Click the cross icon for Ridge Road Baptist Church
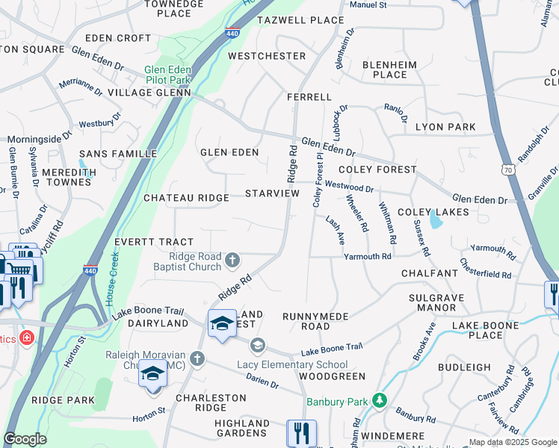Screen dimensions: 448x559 pyautogui.click(x=232, y=260)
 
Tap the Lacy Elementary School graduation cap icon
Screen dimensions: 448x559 pyautogui.click(x=258, y=345)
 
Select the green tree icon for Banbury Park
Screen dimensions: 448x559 pyautogui.click(x=380, y=402)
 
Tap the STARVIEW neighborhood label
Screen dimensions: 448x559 pyautogui.click(x=272, y=193)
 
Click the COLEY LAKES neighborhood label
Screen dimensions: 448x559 pyautogui.click(x=433, y=212)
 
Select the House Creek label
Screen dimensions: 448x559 pyautogui.click(x=116, y=276)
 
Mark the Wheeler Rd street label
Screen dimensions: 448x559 pyautogui.click(x=357, y=212)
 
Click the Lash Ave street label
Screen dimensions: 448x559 pyautogui.click(x=334, y=230)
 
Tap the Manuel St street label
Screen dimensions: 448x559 pyautogui.click(x=368, y=4)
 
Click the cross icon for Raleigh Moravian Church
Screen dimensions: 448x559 pyautogui.click(x=197, y=359)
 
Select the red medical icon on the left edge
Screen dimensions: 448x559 pyautogui.click(x=28, y=338)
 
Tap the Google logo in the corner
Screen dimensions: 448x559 pyautogui.click(x=25, y=439)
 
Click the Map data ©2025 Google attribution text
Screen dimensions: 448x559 pyautogui.click(x=512, y=442)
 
